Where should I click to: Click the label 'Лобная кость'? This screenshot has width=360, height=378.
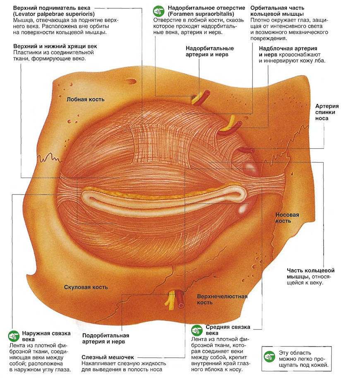pyautogui.click(x=86, y=99)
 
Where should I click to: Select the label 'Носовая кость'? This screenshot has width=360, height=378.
pyautogui.click(x=287, y=218)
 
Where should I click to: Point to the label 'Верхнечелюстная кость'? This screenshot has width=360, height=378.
pyautogui.click(x=222, y=299)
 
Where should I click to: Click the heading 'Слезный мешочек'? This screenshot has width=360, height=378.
pyautogui.click(x=108, y=357)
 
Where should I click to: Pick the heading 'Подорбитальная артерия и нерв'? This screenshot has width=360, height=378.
pyautogui.click(x=106, y=338)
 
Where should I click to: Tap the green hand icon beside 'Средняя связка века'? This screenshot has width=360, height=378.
pyautogui.click(x=197, y=330)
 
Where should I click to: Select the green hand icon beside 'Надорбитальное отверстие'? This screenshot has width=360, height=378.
pyautogui.click(x=159, y=11)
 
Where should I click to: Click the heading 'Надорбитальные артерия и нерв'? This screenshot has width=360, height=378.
pyautogui.click(x=209, y=51)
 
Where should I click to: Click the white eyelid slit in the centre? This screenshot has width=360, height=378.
pyautogui.click(x=161, y=198)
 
